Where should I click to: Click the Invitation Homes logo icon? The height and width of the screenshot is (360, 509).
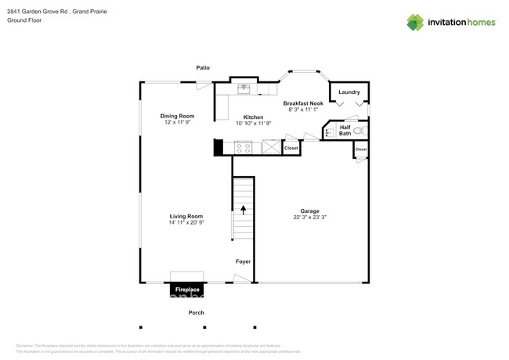(415, 23)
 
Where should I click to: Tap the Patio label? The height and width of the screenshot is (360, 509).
(203, 67)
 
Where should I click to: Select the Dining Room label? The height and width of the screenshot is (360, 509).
(177, 116)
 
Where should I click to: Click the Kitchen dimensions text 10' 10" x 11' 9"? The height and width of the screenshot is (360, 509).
(253, 123)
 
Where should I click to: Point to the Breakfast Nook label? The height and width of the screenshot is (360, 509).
(303, 103)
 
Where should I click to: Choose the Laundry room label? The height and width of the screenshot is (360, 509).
(349, 92)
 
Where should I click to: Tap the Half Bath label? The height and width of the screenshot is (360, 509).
(345, 130)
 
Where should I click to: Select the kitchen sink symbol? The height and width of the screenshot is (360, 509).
(244, 88)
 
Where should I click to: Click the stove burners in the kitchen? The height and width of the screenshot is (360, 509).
(244, 146)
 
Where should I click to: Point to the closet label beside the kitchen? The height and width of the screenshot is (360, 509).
(291, 147)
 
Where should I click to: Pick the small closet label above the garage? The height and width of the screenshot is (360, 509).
(361, 149)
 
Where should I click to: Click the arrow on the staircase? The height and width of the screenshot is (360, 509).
(243, 210)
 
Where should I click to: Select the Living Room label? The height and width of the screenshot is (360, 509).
(186, 216)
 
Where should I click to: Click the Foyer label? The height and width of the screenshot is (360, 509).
(243, 261)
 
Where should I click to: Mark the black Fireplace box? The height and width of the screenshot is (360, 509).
(187, 290)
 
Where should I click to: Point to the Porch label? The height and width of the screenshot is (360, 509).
(197, 313)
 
